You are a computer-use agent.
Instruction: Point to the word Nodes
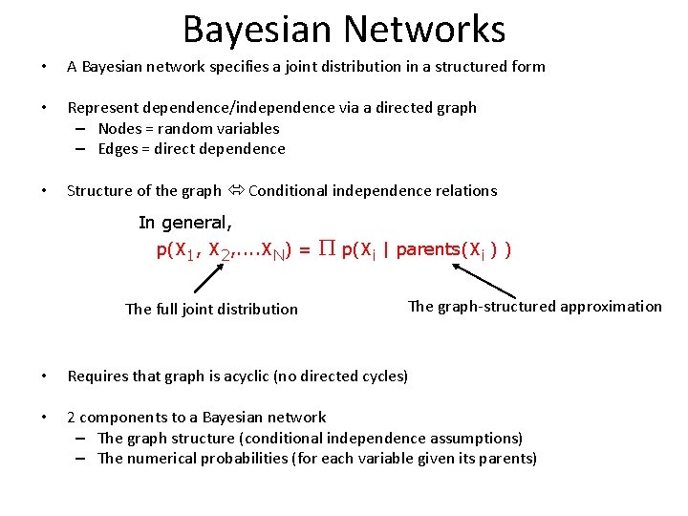(x=119, y=128)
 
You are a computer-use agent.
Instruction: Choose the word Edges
(x=119, y=149)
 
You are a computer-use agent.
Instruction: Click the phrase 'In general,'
(x=185, y=223)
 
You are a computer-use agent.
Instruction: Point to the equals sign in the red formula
(x=303, y=250)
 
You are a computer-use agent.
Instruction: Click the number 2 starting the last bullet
(x=72, y=418)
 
